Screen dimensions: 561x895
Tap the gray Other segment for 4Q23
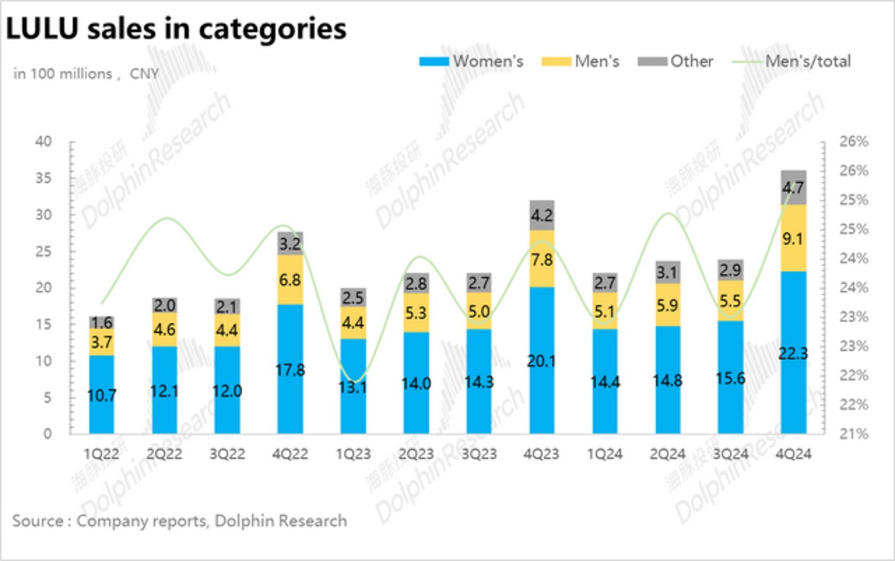point(541,215)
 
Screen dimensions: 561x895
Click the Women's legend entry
point(472,62)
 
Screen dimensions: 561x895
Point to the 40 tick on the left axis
point(44,141)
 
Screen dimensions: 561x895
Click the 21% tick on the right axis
point(853,433)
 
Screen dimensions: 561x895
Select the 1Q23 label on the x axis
point(353,454)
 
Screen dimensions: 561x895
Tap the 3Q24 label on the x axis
point(730,454)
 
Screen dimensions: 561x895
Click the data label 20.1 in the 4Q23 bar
point(541,361)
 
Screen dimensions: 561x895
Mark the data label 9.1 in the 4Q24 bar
point(792,239)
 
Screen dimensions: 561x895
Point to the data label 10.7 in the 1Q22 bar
point(101,395)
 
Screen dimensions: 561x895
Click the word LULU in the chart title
point(43,29)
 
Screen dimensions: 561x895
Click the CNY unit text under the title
point(144,74)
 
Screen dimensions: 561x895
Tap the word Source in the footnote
point(37,521)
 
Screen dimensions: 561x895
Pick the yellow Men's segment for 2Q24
point(667,305)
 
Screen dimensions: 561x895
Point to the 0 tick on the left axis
point(48,433)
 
